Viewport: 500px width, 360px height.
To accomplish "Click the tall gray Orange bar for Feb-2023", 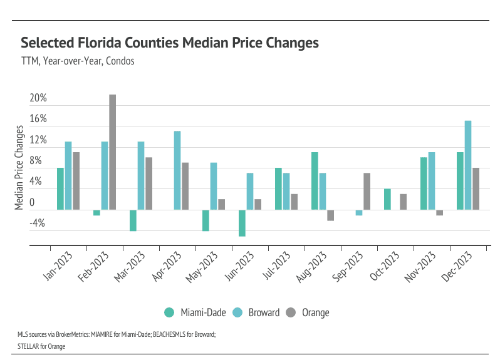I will point(113,152).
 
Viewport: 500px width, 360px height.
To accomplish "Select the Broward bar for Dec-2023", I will point(468,165).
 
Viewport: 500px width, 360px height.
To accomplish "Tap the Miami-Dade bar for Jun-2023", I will point(242,223).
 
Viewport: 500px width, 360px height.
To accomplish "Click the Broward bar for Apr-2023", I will point(177,170).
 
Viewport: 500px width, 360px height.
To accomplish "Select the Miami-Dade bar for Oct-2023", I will point(387,199).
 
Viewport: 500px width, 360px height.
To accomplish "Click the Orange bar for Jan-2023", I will point(76,181).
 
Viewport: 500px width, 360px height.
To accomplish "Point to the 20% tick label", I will point(38,98).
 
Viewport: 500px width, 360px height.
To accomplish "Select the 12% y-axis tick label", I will point(38,140).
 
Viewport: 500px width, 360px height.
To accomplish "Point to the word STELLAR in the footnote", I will point(29,345).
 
